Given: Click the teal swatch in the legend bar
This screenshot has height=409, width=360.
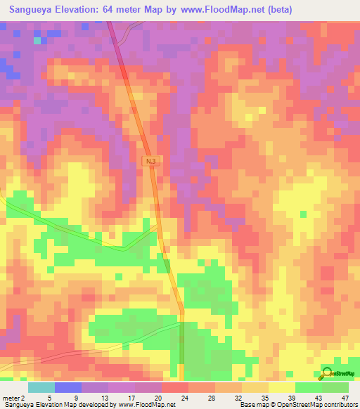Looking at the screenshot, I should coord(41,387).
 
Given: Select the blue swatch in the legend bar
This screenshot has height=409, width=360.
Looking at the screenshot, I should coord(68,387).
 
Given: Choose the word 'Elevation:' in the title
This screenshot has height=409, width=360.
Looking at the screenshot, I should coord(88,10).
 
